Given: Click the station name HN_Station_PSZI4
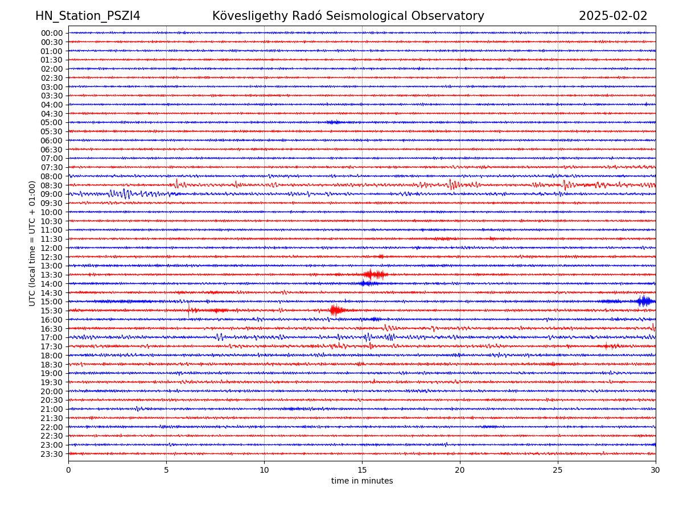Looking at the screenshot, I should click(88, 16).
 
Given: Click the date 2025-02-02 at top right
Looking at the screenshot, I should click(613, 16).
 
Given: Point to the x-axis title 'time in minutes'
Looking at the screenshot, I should click(362, 481).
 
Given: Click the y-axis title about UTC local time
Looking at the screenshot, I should click(32, 243).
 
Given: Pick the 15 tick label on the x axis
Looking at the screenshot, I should click(362, 470).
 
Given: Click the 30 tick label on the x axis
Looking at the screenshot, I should click(656, 470).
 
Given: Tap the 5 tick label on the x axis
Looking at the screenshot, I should click(166, 470).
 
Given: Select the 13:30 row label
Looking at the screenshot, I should click(52, 275).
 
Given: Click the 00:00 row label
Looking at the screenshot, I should click(52, 33).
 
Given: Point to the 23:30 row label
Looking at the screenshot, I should click(52, 454).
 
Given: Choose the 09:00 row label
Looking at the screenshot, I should click(52, 194).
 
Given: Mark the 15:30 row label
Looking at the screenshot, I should click(52, 311).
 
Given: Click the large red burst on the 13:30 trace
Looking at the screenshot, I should click(375, 275).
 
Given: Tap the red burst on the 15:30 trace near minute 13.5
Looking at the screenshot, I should click(336, 310).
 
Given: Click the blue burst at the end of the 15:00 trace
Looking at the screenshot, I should click(645, 301).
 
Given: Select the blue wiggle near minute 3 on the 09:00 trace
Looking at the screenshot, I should click(125, 194).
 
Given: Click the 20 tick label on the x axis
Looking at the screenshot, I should click(460, 470).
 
